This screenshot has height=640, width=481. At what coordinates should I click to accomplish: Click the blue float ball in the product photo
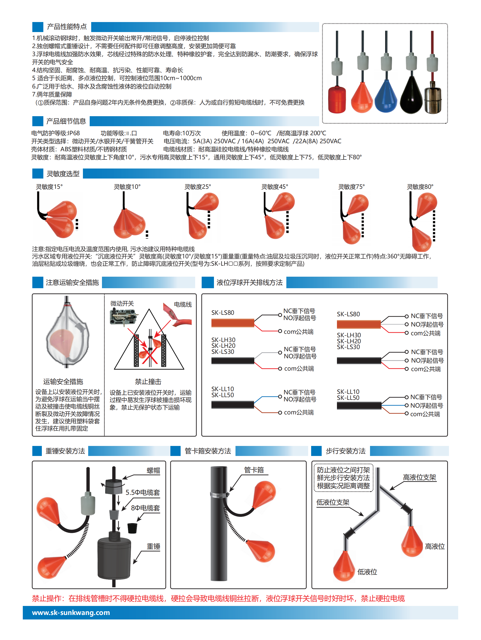click(x=386, y=96)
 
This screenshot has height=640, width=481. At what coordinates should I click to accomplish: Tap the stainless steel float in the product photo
click(x=433, y=100)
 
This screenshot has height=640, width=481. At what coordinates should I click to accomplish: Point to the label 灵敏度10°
click(x=127, y=187)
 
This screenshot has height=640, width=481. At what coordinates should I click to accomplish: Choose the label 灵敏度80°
click(x=420, y=187)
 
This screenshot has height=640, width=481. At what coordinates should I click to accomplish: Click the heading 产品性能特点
click(x=67, y=27)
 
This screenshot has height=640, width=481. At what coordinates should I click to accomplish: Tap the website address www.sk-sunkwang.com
click(x=71, y=612)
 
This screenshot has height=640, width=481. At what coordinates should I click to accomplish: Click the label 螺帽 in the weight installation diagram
click(x=153, y=471)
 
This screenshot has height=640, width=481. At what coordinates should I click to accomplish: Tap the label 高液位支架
click(x=419, y=478)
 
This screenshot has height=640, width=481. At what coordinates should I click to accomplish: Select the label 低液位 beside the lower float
click(x=367, y=572)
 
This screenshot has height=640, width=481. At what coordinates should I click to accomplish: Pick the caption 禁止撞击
click(x=148, y=382)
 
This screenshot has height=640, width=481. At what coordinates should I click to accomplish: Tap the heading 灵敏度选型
click(x=63, y=174)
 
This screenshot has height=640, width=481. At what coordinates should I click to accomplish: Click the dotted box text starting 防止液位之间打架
click(x=343, y=478)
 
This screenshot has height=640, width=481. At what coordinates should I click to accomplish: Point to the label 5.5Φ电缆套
click(x=142, y=493)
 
